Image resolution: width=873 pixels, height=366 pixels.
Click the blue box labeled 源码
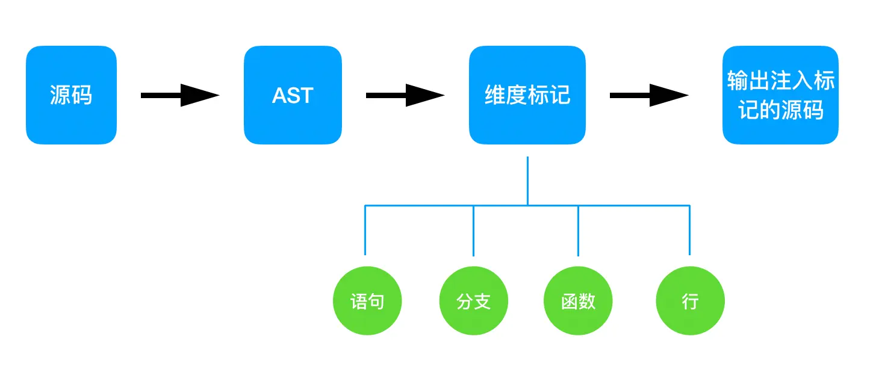(x=71, y=95)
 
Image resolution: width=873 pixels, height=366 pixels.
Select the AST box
(x=293, y=95)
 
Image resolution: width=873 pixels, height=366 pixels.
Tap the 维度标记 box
(x=527, y=95)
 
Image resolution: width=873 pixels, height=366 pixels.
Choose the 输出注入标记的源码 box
(x=780, y=95)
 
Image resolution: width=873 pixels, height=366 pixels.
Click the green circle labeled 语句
(x=367, y=301)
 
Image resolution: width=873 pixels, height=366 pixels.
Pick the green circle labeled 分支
(x=474, y=301)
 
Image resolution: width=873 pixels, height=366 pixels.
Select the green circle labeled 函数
(x=578, y=301)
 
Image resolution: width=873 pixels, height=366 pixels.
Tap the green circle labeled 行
(x=690, y=301)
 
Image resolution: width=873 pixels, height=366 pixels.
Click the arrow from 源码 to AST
(x=179, y=95)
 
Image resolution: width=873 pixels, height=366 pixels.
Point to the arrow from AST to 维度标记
(x=405, y=95)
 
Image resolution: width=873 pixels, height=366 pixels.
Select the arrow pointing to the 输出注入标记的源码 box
(x=648, y=95)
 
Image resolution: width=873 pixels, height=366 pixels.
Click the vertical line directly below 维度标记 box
(x=528, y=181)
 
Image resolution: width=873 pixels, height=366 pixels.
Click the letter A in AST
(x=279, y=96)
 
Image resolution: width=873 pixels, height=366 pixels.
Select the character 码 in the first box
(x=82, y=95)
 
